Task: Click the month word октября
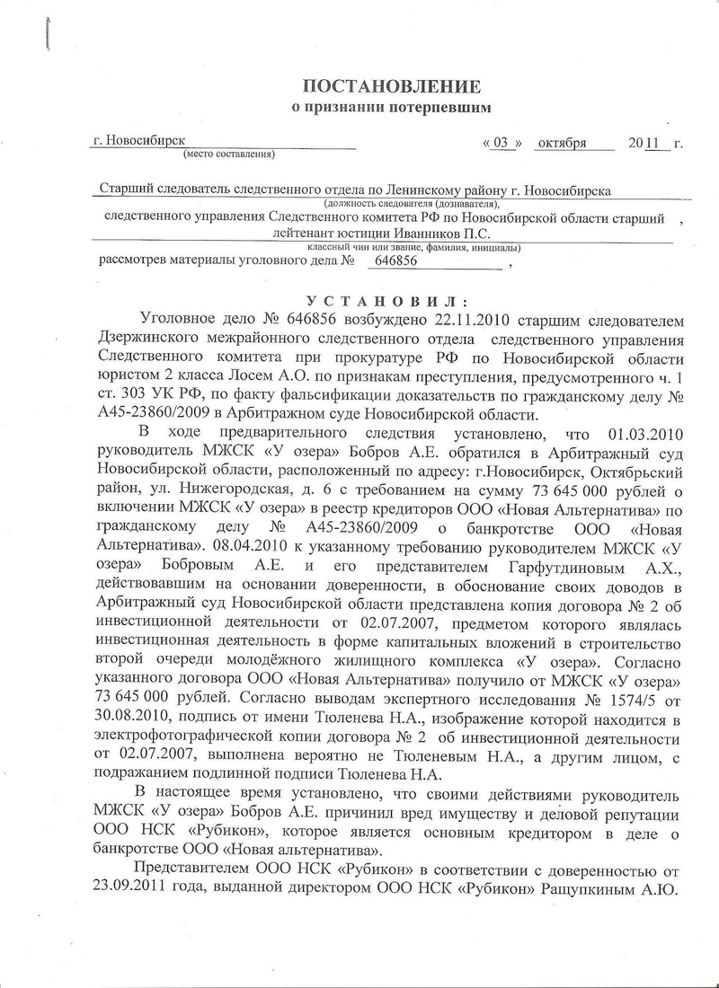pyautogui.click(x=564, y=142)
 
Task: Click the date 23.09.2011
pyautogui.click(x=125, y=899)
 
